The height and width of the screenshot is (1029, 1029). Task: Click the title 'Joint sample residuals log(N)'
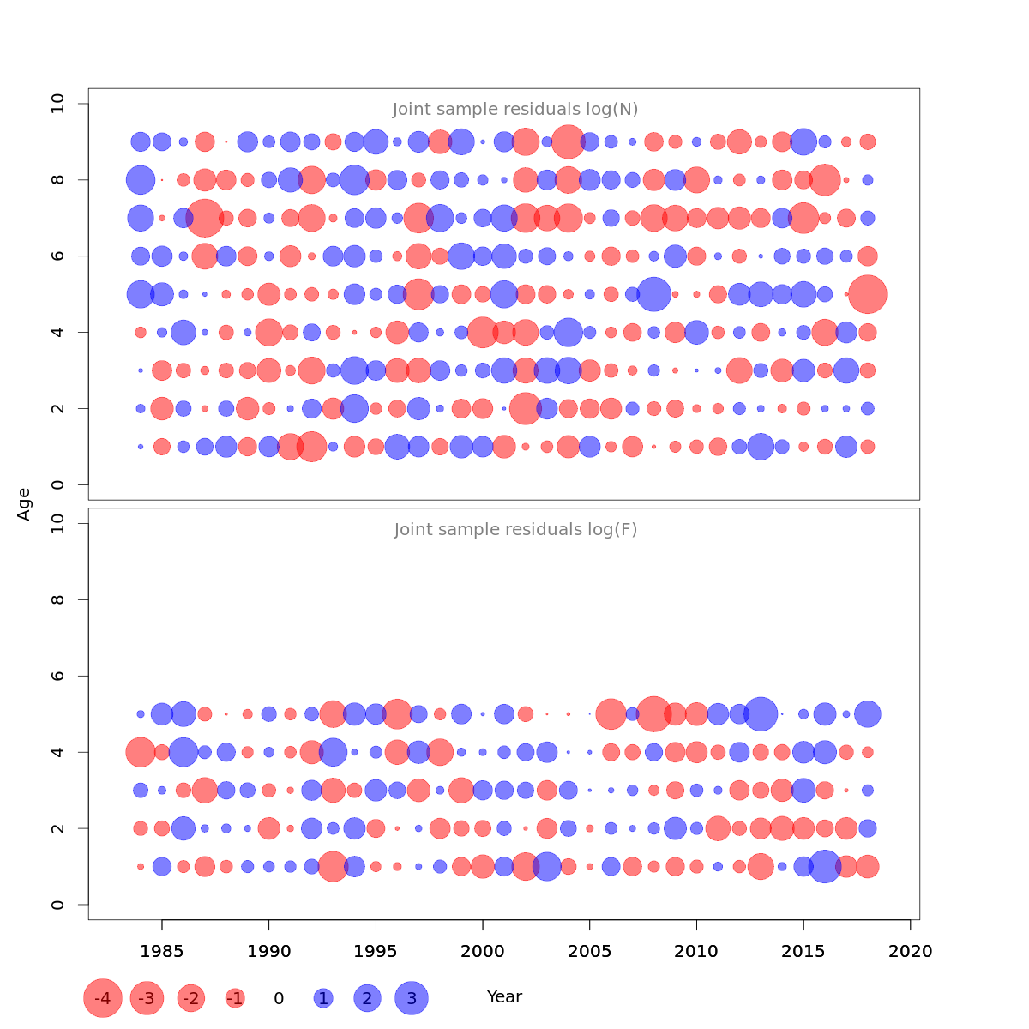click(515, 110)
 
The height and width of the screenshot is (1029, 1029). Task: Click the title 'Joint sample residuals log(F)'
click(515, 530)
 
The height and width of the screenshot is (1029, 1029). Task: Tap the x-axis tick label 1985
click(162, 952)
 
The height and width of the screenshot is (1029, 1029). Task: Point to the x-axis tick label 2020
click(911, 952)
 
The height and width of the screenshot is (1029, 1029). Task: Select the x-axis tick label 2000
click(483, 952)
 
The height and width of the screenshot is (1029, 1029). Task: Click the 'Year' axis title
click(504, 997)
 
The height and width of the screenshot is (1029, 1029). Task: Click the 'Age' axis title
click(24, 504)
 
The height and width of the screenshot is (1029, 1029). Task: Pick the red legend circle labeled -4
click(102, 998)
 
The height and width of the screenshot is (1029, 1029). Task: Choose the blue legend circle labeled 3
click(412, 998)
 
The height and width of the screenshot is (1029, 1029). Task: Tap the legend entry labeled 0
click(279, 999)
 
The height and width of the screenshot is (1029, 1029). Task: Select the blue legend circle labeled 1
click(322, 998)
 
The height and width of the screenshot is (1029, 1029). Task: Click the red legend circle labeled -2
click(191, 998)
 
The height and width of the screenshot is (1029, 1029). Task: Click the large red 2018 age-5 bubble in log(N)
click(868, 294)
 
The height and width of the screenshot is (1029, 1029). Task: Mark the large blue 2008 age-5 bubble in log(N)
click(653, 294)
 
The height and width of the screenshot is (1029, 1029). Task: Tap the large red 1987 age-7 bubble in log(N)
click(205, 218)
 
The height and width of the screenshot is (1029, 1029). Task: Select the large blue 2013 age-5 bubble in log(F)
click(761, 713)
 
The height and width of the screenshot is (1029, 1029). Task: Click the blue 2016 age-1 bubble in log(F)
click(825, 866)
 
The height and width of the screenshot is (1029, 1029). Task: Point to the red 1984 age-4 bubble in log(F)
click(141, 752)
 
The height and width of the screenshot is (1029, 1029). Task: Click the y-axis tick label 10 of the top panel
click(58, 105)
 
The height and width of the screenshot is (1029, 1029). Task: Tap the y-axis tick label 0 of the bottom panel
click(58, 905)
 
